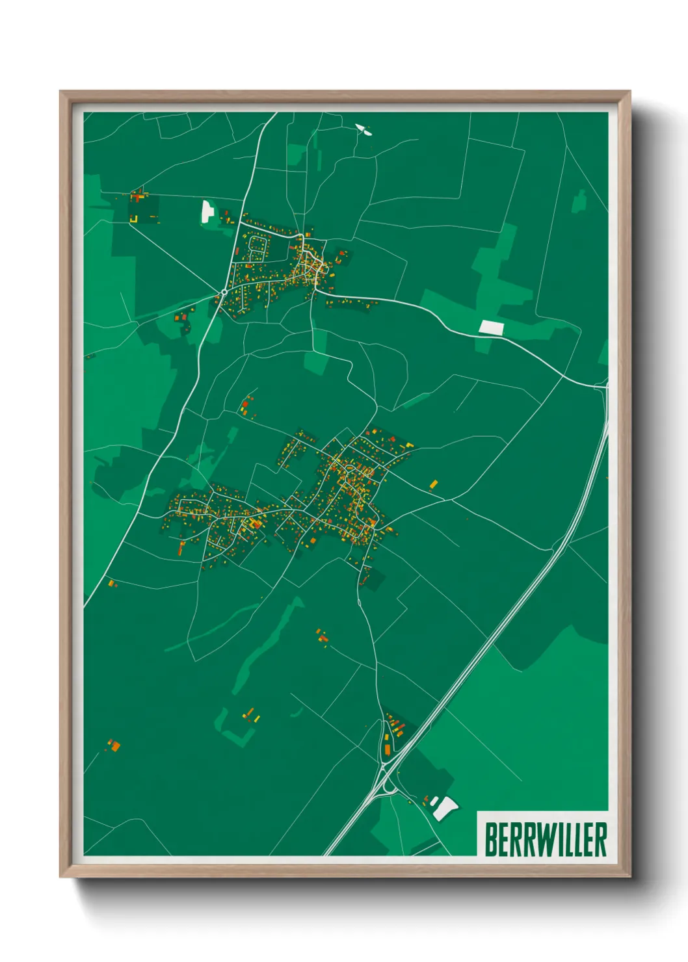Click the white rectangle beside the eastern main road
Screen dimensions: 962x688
point(491,327)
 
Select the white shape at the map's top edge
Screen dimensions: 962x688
point(364,129)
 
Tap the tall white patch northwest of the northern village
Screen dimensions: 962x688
point(207,211)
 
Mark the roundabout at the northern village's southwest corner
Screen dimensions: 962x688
point(224,292)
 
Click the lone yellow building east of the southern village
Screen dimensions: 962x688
point(434,484)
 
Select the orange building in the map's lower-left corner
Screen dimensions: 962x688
point(114,746)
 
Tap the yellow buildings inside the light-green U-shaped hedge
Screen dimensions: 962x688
point(251,716)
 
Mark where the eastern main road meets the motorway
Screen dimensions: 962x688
point(605,388)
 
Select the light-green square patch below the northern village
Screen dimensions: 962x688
point(316,362)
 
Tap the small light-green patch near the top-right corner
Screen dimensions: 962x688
point(579,201)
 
